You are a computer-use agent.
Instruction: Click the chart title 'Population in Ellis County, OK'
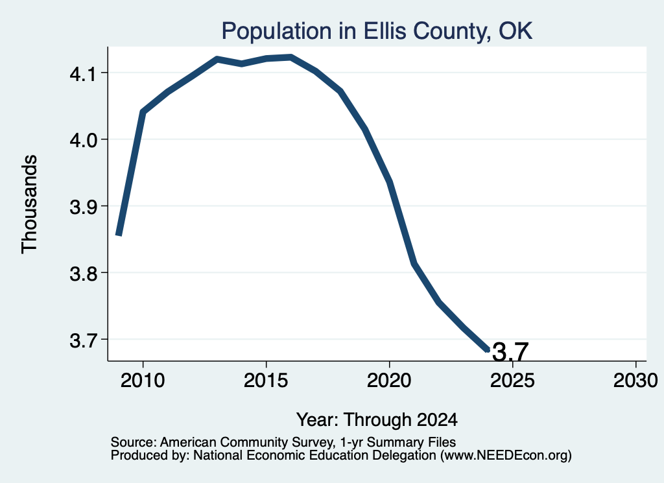[377, 31]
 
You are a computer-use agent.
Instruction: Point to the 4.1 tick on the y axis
[84, 74]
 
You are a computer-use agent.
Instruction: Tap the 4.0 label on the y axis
[84, 140]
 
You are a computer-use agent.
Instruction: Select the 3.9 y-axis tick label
[84, 207]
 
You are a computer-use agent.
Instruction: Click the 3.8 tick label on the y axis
[84, 274]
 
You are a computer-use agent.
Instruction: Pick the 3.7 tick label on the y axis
[84, 340]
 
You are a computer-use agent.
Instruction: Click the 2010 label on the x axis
[143, 381]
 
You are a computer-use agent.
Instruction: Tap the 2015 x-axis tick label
[266, 381]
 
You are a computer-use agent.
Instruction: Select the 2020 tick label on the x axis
[389, 381]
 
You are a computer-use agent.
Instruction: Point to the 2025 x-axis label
[512, 381]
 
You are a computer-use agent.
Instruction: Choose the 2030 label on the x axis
[635, 381]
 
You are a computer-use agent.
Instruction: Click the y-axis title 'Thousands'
[30, 204]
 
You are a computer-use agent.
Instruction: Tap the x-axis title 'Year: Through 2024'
[377, 420]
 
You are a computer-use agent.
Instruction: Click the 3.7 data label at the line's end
[510, 352]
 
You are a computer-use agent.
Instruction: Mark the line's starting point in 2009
[119, 235]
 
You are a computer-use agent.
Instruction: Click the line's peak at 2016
[291, 57]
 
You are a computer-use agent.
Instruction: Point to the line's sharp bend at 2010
[143, 112]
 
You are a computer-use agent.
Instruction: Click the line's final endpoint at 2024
[488, 349]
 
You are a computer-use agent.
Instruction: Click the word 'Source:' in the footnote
[134, 442]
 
